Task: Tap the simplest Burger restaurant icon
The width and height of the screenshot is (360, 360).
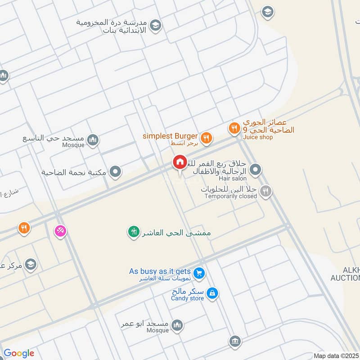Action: [206, 138]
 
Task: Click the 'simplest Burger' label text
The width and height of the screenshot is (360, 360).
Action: [170, 136]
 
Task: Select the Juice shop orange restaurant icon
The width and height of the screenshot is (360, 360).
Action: [234, 129]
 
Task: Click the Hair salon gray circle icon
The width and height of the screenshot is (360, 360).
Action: [255, 170]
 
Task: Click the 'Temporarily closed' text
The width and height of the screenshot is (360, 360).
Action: [231, 196]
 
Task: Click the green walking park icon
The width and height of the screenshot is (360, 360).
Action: [134, 232]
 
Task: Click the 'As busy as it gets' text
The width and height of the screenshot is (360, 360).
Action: [160, 271]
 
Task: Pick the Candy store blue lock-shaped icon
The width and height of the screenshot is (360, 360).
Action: [213, 294]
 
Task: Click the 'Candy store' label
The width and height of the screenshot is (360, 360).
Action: [188, 298]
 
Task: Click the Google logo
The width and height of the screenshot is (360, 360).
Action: [19, 353]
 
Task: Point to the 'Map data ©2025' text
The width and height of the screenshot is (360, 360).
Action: [337, 356]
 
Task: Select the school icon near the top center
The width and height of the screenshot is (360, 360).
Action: [155, 25]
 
